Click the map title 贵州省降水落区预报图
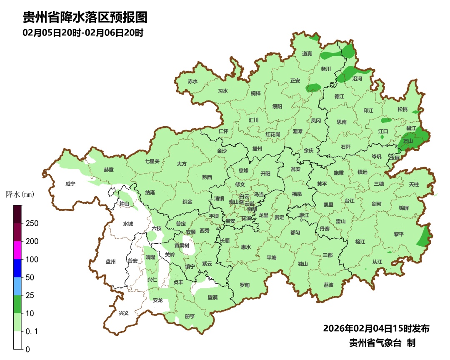(x=85, y=17)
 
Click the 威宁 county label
(x=70, y=184)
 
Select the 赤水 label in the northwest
(x=192, y=82)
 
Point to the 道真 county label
(x=307, y=53)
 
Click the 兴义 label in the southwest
(x=124, y=313)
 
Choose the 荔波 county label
(x=328, y=285)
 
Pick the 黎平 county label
(x=399, y=234)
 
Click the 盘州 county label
(x=110, y=262)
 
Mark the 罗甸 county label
(x=245, y=285)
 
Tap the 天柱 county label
(x=414, y=184)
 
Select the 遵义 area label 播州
(x=257, y=149)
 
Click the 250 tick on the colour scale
(x=32, y=223)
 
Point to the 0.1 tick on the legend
(x=32, y=331)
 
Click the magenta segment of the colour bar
(x=17, y=250)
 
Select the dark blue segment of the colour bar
(x=17, y=268)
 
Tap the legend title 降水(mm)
(x=20, y=194)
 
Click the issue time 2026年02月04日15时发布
(x=376, y=328)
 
